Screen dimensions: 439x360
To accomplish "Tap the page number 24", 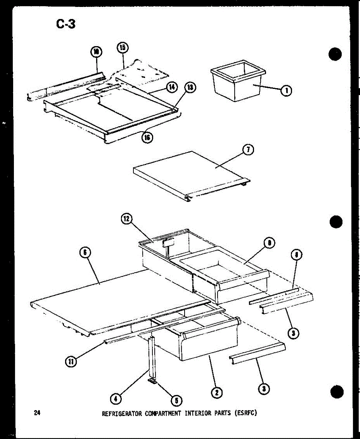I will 37,413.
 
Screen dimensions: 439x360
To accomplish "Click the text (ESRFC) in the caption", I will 247,413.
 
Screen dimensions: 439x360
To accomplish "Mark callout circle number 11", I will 70,361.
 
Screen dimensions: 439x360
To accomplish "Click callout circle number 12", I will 126,219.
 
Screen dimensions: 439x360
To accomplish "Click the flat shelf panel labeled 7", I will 190,172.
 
